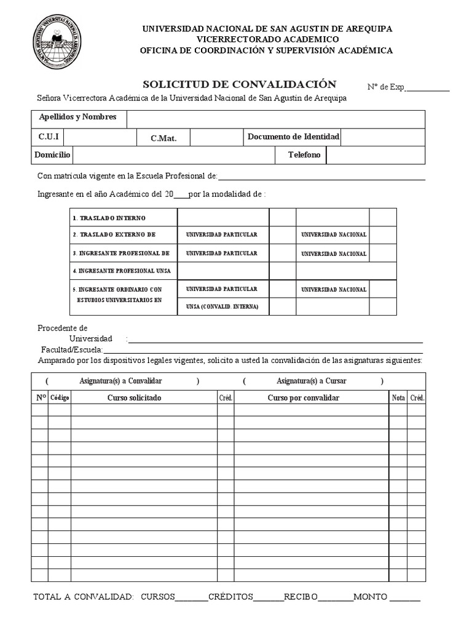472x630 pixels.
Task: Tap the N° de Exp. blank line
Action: [x=428, y=88]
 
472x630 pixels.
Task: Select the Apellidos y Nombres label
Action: [x=77, y=117]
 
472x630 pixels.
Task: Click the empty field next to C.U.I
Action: [x=100, y=137]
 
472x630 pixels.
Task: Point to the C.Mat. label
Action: [x=163, y=138]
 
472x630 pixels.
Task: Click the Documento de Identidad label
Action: [x=293, y=137]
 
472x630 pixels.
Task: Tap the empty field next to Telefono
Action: [x=375, y=155]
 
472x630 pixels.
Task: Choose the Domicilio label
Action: [x=52, y=155]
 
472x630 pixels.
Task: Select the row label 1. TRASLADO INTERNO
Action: [x=109, y=218]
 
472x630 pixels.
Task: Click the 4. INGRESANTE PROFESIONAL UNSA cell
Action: [x=121, y=271]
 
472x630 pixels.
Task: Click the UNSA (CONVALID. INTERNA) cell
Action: [x=222, y=306]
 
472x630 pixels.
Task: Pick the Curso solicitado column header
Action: [x=134, y=398]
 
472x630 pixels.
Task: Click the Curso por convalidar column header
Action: [x=303, y=398]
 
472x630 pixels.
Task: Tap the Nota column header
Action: [x=398, y=398]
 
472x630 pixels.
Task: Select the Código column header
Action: [x=60, y=398]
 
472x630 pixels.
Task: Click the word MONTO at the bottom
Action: [x=371, y=597]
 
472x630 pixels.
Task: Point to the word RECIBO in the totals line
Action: [x=301, y=597]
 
